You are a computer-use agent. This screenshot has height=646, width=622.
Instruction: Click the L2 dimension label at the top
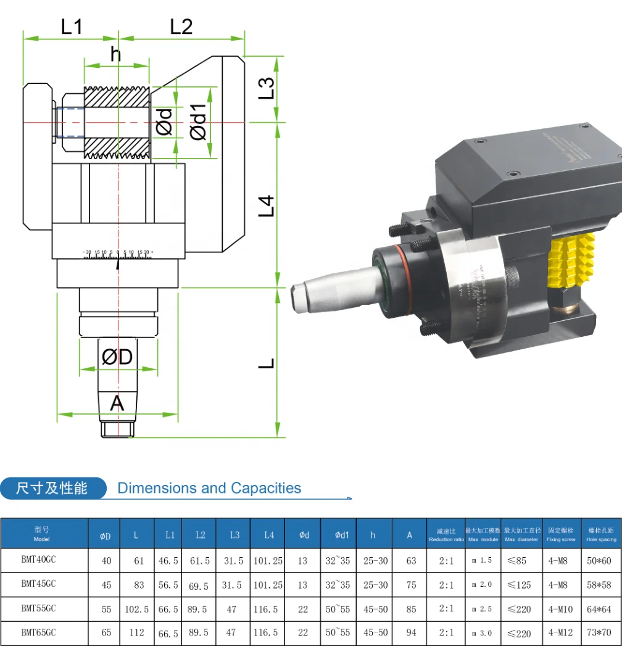(x=181, y=27)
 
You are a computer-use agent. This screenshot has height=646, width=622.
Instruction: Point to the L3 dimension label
(x=266, y=88)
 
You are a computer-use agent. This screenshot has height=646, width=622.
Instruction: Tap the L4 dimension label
(x=266, y=205)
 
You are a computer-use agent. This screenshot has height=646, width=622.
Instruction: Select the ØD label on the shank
(x=117, y=357)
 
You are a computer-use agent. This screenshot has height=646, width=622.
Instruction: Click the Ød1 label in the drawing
(x=199, y=123)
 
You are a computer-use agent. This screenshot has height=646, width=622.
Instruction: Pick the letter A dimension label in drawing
(x=117, y=404)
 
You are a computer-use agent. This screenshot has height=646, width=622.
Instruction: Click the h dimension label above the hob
(x=116, y=54)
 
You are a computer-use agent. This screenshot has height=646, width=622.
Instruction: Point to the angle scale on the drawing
(x=118, y=254)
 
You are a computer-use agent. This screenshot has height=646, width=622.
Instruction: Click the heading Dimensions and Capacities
(x=209, y=489)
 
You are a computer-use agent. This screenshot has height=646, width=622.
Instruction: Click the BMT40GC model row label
(x=39, y=560)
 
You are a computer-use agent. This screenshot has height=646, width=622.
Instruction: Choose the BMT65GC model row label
(x=39, y=632)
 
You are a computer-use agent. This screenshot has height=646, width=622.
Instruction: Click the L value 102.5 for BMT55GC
(x=136, y=609)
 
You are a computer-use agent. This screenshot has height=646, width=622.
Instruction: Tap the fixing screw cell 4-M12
(x=560, y=632)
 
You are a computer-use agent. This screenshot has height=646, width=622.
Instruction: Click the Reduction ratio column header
(x=446, y=535)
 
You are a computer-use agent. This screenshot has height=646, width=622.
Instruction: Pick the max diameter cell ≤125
(x=519, y=585)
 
